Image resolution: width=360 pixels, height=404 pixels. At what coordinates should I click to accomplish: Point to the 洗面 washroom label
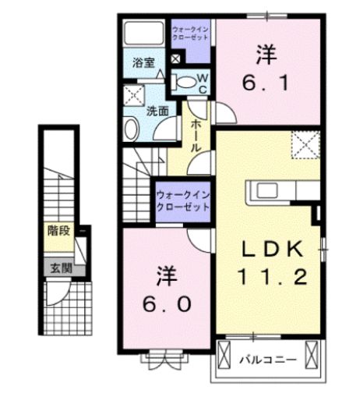(x=158, y=111)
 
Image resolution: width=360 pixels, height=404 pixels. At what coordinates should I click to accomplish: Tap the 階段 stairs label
(x=57, y=231)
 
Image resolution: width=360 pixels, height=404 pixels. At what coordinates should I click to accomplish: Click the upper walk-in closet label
(x=189, y=34)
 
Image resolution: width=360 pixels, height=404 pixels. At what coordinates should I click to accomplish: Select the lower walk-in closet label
(x=183, y=201)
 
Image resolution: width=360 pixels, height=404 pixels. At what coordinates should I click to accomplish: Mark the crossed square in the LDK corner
(x=304, y=144)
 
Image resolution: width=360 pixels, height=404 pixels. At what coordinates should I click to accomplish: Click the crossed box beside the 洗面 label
(x=132, y=95)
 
